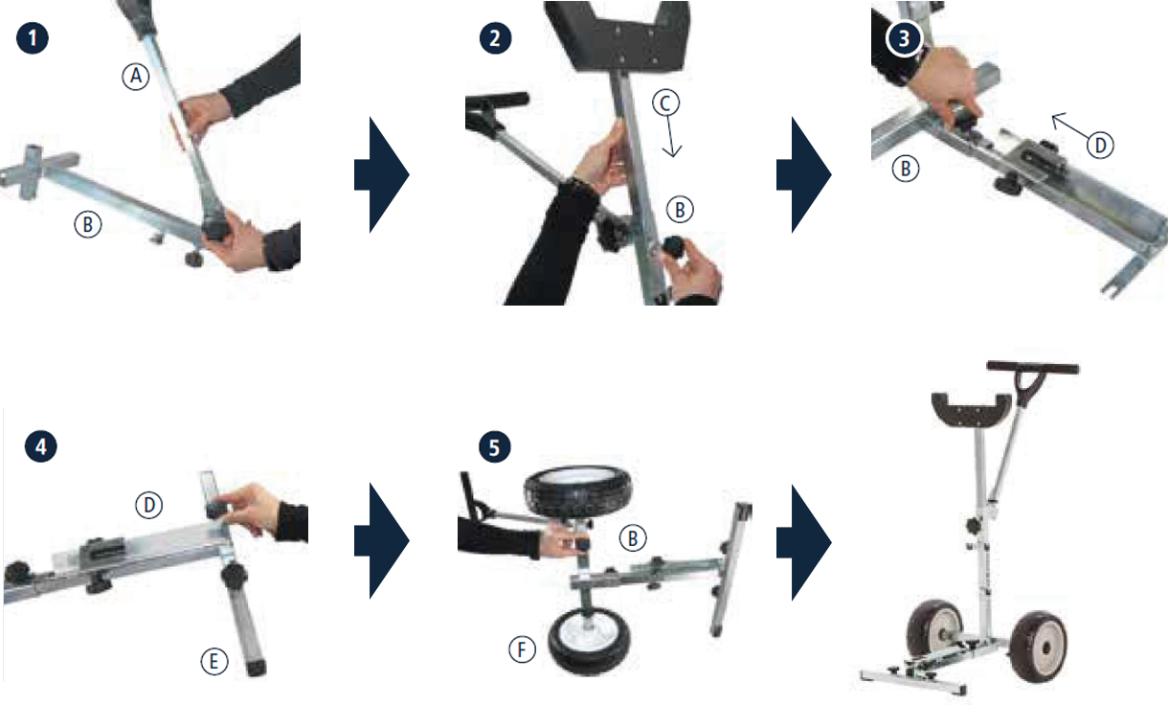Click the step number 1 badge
click(33, 38)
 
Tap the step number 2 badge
click(495, 38)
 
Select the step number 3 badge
click(904, 38)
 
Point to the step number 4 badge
click(40, 446)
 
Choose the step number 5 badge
click(494, 447)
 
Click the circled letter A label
click(136, 77)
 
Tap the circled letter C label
click(666, 102)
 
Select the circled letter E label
click(214, 661)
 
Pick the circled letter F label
click(522, 649)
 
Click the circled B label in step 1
click(88, 224)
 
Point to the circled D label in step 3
click(1100, 145)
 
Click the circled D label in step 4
click(149, 505)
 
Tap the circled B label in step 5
click(633, 538)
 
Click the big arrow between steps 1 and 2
click(382, 175)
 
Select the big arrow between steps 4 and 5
click(382, 540)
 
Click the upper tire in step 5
click(577, 491)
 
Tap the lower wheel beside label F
click(589, 641)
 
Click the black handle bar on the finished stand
click(1033, 368)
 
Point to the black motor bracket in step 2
click(618, 36)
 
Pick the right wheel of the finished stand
click(1039, 648)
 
